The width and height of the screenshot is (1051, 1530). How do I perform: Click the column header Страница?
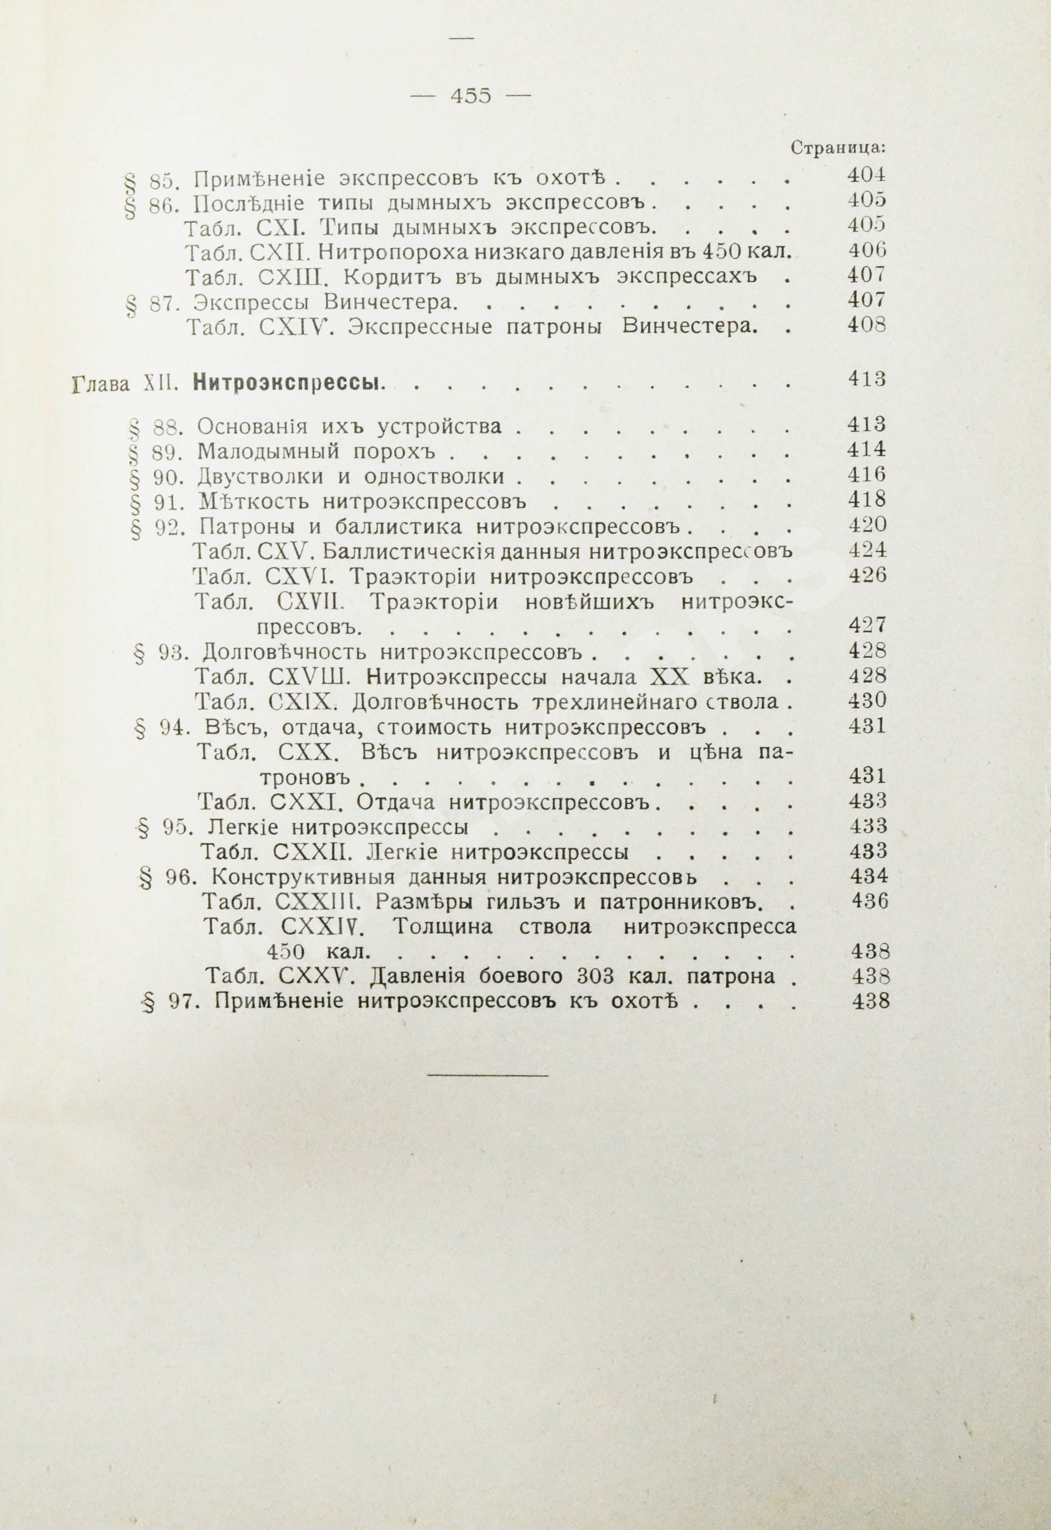[x=838, y=148]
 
